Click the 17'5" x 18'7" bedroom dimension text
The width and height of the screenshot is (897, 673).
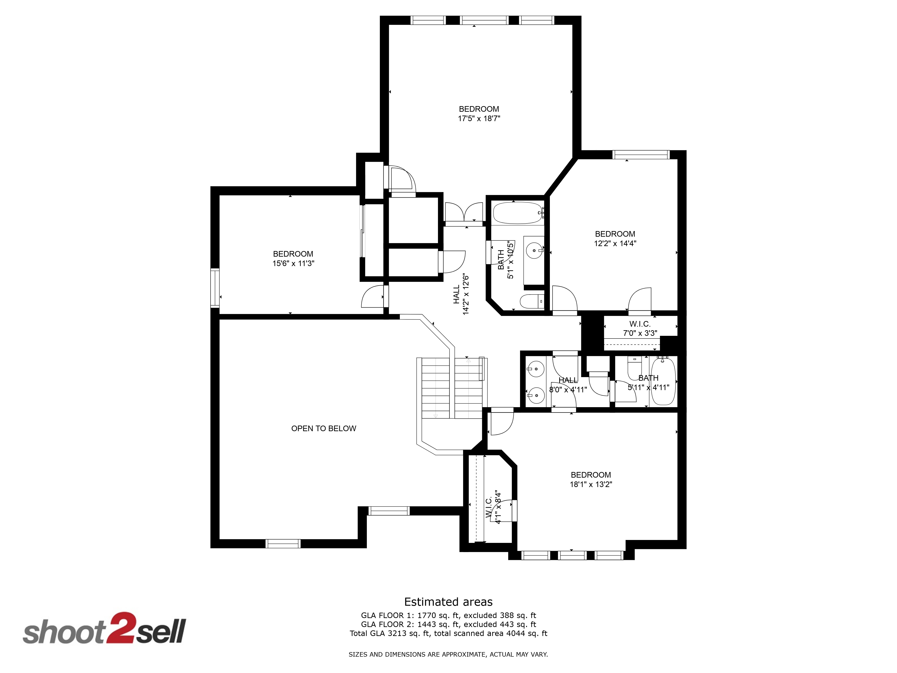(479, 118)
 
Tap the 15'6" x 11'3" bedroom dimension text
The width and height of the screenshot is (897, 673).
(293, 263)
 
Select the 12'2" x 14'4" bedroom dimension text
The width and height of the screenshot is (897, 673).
(615, 243)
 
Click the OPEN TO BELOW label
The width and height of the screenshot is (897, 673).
(324, 428)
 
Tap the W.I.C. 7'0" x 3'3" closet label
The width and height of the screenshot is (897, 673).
(640, 329)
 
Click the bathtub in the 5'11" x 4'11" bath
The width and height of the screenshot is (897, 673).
(663, 380)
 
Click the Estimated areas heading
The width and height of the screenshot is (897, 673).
(448, 602)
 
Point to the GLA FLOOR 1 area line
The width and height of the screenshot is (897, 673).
(448, 615)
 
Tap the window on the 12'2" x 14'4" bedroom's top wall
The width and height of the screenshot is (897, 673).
(641, 155)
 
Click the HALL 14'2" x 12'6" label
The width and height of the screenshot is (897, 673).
(461, 295)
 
